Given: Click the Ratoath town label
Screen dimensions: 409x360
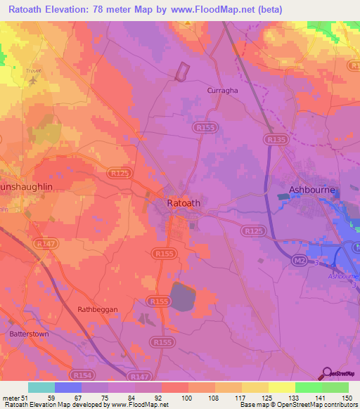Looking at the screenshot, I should [184, 203].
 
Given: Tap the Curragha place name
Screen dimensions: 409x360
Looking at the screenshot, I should [221, 91].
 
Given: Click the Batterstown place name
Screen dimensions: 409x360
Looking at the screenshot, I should [27, 335].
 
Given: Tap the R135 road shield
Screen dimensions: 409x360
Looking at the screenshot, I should [276, 141].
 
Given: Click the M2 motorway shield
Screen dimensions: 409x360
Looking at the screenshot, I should [300, 261].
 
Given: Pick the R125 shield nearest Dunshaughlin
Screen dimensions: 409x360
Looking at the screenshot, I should [119, 171].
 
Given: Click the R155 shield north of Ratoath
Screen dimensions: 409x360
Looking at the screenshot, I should [206, 127].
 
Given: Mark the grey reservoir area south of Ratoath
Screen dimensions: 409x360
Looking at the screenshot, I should [185, 296].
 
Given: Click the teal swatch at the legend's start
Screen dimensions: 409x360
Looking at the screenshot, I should [41, 387].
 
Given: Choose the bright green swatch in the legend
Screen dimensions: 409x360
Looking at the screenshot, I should [308, 387].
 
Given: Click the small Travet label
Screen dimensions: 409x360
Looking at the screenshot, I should [33, 71].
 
